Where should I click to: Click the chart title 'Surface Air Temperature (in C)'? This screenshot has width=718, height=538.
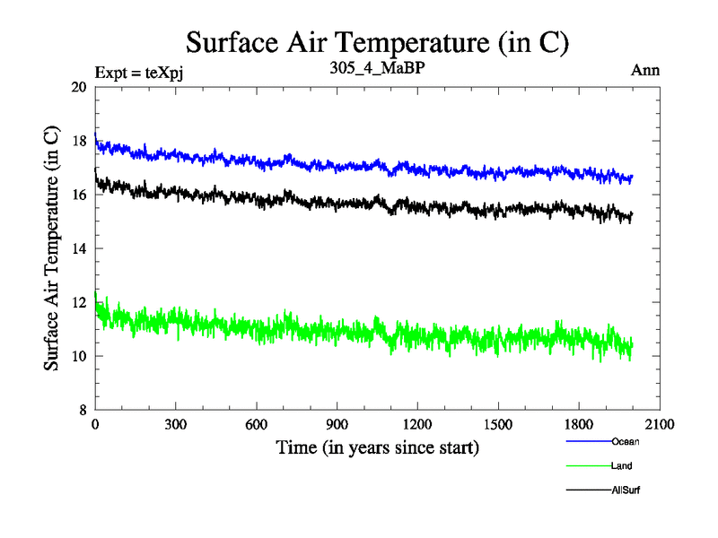point(377,41)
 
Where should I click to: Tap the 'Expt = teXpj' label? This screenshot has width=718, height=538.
point(144,70)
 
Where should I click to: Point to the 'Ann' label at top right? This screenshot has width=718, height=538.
point(646,70)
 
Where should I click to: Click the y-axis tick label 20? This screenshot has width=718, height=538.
point(78,87)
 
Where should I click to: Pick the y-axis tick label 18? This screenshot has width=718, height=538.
point(78,141)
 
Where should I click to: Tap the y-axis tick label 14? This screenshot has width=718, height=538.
point(78,248)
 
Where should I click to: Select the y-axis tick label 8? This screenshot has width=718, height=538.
point(82,410)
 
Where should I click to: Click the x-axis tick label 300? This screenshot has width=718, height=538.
point(176,425)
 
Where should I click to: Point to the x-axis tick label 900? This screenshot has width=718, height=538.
point(337,425)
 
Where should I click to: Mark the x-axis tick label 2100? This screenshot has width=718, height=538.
point(660,425)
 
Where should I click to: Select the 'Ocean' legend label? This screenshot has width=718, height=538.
point(626,441)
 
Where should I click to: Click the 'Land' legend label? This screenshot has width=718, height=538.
point(623,466)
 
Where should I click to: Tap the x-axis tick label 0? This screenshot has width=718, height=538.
point(95,425)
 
